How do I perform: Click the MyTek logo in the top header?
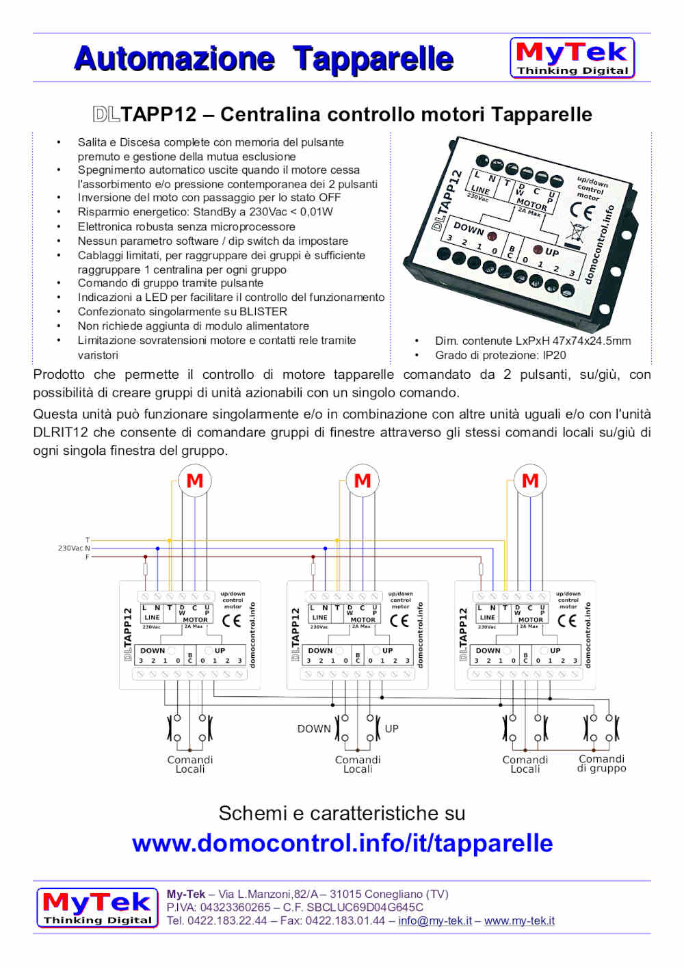[572, 58]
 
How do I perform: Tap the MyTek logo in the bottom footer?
[97, 908]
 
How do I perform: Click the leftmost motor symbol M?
[195, 481]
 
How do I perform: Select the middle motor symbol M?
[363, 481]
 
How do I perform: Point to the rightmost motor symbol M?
[530, 481]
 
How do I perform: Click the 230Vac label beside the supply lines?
[70, 548]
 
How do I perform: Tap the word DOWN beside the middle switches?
[314, 729]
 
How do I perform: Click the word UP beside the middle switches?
[391, 729]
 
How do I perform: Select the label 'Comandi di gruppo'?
[601, 764]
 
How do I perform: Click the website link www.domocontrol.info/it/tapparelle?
[342, 843]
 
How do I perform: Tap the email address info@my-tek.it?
[434, 921]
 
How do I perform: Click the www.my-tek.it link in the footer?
[519, 921]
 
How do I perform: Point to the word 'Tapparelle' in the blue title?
[373, 59]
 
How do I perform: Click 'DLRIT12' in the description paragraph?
[60, 432]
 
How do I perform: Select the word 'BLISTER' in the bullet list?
[263, 312]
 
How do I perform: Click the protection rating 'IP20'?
[554, 355]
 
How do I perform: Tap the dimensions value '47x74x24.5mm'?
[589, 341]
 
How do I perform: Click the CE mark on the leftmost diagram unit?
[232, 620]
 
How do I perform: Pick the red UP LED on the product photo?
[538, 250]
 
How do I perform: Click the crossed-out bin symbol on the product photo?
[575, 233]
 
